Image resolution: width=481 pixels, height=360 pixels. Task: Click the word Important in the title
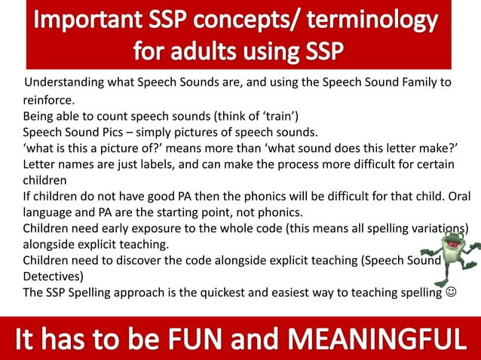pyautogui.click(x=84, y=20)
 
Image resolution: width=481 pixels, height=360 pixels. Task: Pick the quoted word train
pyautogui.click(x=277, y=115)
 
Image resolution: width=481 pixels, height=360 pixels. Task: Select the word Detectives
pyautogui.click(x=51, y=276)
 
